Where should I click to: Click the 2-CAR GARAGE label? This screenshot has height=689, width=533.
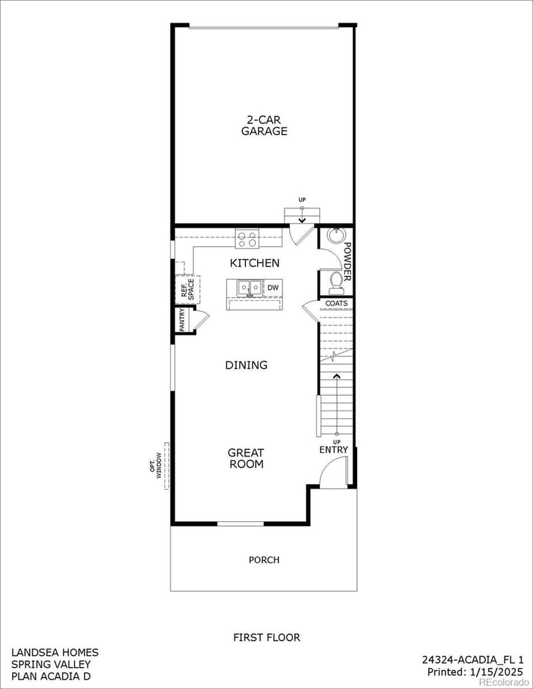click(264, 126)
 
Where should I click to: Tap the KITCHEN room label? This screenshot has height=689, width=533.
click(255, 263)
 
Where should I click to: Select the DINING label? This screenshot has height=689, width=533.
click(246, 365)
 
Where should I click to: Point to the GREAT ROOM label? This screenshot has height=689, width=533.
click(246, 458)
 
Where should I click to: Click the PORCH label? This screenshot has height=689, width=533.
click(264, 560)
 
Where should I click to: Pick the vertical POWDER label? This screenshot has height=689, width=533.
click(347, 260)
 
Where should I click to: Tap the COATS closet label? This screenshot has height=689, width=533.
click(336, 304)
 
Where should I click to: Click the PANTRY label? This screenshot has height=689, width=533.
click(182, 320)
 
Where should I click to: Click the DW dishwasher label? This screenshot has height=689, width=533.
click(273, 288)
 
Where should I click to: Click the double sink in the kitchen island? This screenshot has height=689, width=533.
click(250, 288)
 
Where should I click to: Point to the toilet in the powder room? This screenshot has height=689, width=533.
click(336, 280)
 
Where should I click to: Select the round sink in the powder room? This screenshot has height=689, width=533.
click(335, 237)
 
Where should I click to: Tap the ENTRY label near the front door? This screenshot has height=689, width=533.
click(333, 450)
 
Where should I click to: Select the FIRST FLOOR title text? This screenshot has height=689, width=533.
click(266, 637)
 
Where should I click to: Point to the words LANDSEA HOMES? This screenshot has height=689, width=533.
click(55, 652)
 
